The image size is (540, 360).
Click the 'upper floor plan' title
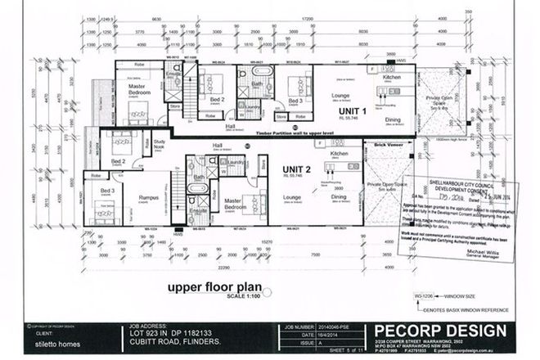click(214, 287)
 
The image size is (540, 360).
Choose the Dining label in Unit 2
click(339, 196)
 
